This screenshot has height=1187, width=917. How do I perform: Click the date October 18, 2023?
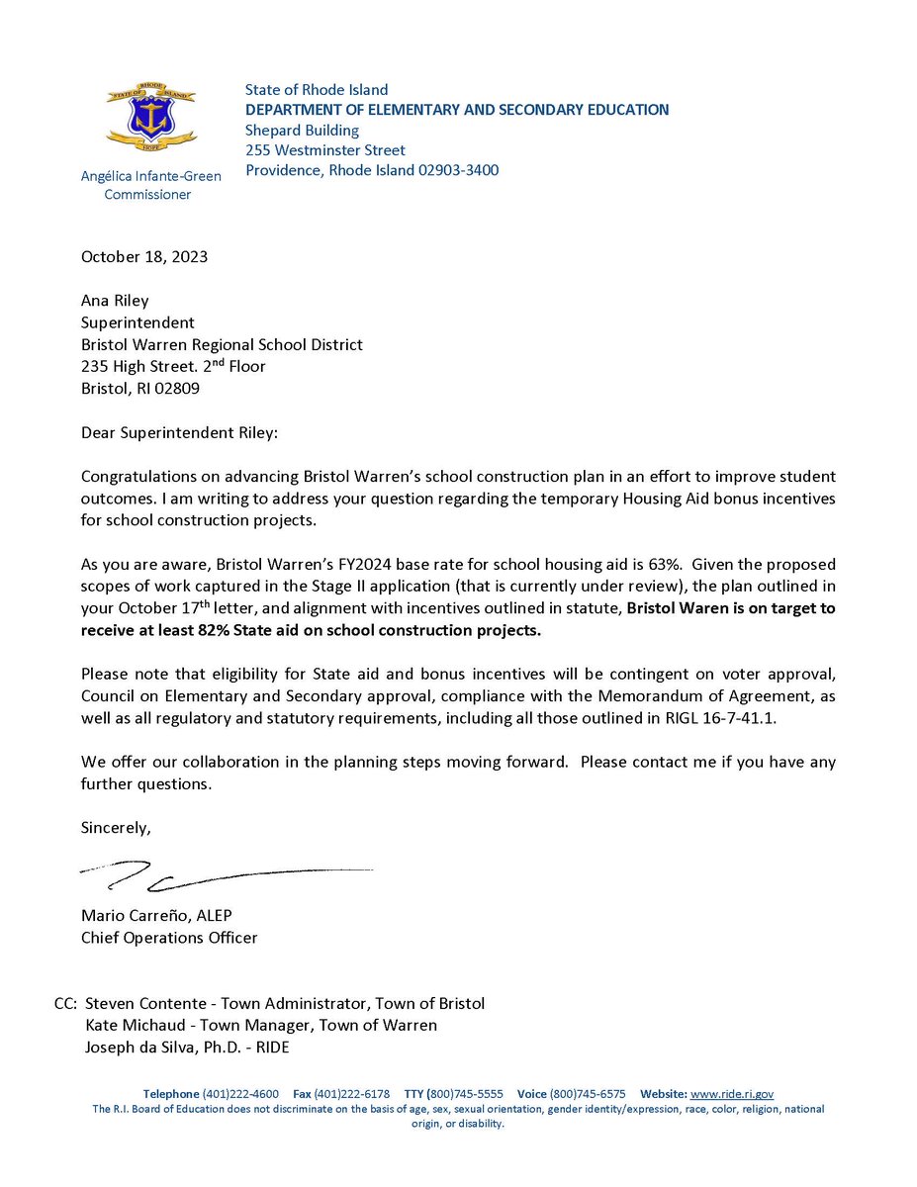144,257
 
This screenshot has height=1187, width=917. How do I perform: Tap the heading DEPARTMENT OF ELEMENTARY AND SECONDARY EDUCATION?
457,110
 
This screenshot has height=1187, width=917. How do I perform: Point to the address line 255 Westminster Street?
325,150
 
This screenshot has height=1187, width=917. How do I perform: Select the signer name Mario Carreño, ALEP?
156,916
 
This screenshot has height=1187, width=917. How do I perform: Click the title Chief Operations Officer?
169,938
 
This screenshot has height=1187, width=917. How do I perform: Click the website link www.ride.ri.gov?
731,1094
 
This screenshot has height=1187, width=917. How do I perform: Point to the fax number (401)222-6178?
351,1094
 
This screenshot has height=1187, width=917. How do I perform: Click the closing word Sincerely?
116,827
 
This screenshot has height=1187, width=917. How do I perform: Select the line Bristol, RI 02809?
139,389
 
